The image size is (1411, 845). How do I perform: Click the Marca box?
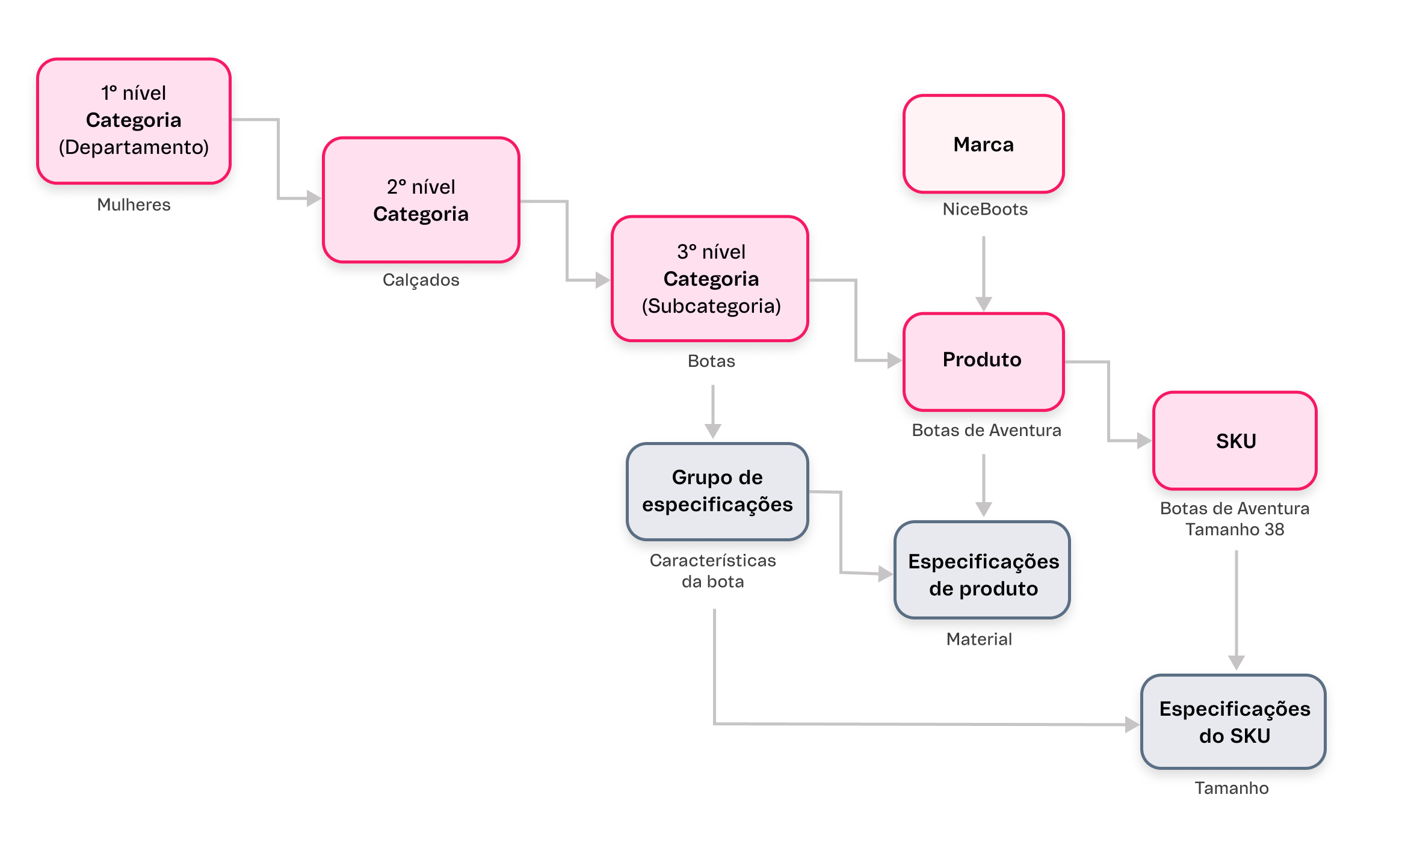[x=983, y=144]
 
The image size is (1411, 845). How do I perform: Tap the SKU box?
[x=1235, y=441]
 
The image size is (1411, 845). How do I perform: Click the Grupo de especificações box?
[x=717, y=491]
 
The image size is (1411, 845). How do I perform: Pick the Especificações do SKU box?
[x=1233, y=722]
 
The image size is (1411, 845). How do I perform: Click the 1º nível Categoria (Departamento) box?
[x=134, y=121]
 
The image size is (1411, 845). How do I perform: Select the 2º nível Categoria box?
[x=421, y=200]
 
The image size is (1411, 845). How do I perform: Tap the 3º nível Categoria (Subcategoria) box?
[x=710, y=279]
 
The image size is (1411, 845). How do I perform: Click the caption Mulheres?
[x=134, y=205]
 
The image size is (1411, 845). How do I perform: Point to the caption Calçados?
[x=421, y=280]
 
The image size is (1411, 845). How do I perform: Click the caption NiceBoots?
[x=984, y=209]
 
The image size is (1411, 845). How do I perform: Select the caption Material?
[x=979, y=639]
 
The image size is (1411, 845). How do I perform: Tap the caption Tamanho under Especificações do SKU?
[x=1231, y=788]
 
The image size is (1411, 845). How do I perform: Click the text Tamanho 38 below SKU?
[x=1234, y=530]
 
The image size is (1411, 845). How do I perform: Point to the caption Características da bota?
[x=712, y=571]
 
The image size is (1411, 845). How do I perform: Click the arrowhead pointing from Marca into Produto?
[x=983, y=304]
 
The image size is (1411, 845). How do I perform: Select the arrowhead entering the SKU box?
[x=1144, y=441]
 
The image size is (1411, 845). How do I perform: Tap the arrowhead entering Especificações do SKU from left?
[x=1132, y=725]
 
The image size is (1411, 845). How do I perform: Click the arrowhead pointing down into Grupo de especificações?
[x=712, y=431]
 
